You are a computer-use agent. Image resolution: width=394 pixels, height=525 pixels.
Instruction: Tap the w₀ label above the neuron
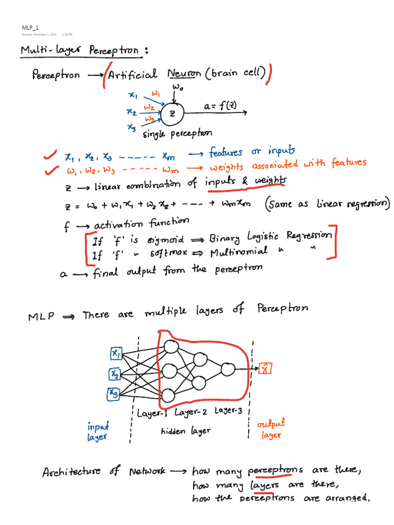coord(178,87)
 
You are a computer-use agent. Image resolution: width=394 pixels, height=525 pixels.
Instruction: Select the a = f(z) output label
coord(220,106)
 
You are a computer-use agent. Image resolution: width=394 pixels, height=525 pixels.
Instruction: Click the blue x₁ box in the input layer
coord(116,353)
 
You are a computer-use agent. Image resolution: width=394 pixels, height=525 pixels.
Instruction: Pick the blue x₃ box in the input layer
coord(113,394)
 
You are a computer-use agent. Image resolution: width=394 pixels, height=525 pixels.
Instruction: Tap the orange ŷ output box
coord(265,368)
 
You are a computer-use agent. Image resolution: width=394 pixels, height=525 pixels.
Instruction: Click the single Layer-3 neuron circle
coord(228,370)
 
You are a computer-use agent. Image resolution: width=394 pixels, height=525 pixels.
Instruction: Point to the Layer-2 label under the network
coord(191,412)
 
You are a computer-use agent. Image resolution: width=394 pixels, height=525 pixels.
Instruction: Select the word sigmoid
coord(166,240)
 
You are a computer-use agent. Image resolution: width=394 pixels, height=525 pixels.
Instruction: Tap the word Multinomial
coord(239,252)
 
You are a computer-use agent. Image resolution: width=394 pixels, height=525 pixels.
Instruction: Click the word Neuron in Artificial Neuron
coord(184,73)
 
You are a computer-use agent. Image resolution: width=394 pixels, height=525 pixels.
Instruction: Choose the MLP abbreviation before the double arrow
coord(41,316)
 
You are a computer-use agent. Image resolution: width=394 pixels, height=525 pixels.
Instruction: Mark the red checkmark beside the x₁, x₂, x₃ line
coord(50,155)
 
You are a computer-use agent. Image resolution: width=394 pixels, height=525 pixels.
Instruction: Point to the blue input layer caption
coord(98,432)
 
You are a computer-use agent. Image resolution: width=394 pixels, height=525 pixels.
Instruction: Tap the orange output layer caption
coord(271,429)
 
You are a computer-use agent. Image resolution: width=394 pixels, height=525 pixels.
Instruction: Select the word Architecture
coord(71,472)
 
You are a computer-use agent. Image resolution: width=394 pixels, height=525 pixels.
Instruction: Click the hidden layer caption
coord(186,431)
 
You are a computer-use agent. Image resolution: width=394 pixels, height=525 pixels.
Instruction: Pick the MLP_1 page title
coord(30,28)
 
